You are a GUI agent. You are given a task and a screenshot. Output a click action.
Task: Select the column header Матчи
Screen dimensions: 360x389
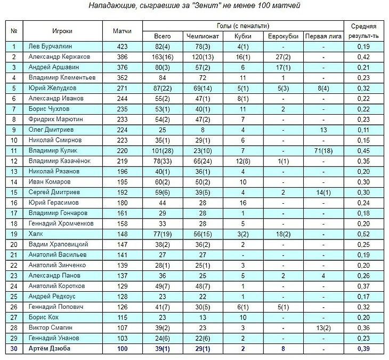click(x=122, y=31)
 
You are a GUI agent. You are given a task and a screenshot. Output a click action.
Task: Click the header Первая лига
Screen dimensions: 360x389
click(x=323, y=36)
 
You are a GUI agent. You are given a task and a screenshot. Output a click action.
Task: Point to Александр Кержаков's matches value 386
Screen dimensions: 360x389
click(x=122, y=57)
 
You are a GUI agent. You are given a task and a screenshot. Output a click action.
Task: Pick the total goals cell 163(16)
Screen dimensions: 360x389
click(x=163, y=57)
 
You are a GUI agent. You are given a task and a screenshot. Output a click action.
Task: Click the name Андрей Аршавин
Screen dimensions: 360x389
click(x=48, y=67)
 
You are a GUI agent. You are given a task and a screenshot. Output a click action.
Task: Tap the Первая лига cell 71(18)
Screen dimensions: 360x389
click(x=323, y=150)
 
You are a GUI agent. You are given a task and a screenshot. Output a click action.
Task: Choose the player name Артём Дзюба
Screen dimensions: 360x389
click(x=49, y=349)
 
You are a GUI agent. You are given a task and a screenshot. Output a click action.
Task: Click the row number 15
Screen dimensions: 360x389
click(x=14, y=191)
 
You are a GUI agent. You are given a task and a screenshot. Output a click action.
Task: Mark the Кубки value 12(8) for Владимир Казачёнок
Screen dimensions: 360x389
click(x=242, y=161)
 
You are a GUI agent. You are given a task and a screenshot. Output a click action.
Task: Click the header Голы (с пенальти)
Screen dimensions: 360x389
click(x=243, y=26)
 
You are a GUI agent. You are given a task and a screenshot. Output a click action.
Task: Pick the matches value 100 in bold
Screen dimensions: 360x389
click(x=122, y=349)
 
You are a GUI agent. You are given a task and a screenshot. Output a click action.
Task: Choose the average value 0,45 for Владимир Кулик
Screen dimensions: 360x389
click(x=363, y=150)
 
